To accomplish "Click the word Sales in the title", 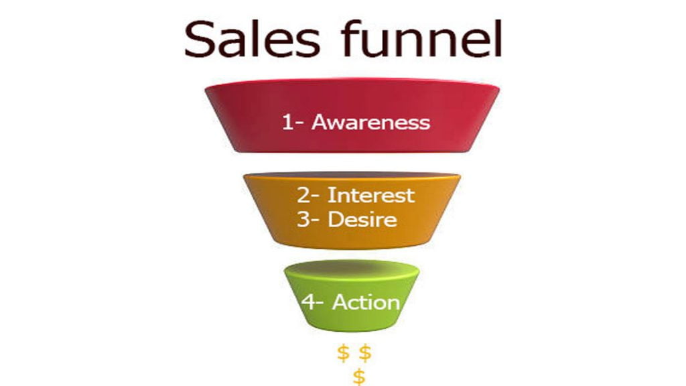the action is (x=253, y=40).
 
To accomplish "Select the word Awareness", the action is (x=370, y=122).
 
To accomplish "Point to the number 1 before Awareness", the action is (x=287, y=122).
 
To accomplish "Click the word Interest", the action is (x=371, y=195).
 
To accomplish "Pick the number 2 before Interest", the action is (x=303, y=195).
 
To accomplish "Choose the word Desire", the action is (x=362, y=219).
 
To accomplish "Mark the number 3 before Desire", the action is (x=303, y=219).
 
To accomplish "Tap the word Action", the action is (x=366, y=302).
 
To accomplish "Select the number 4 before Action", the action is (x=308, y=302).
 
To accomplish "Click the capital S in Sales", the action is (x=200, y=40).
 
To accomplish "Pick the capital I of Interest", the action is (x=330, y=195).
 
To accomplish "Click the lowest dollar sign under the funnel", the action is (x=359, y=377).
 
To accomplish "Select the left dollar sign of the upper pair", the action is (x=344, y=353).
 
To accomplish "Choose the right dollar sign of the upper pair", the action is (x=365, y=353).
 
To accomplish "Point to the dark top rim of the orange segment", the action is (x=352, y=175).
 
